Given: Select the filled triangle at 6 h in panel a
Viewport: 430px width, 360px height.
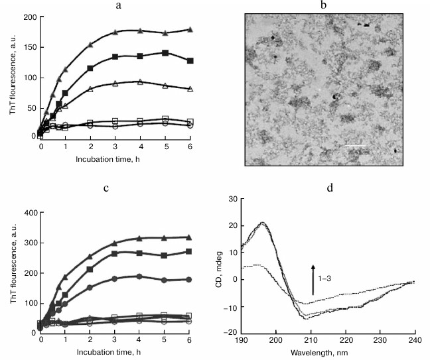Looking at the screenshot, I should (x=190, y=30).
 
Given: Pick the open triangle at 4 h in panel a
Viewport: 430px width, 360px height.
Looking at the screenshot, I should (x=140, y=82).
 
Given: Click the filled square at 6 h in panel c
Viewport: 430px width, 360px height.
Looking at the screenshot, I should (x=190, y=252).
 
